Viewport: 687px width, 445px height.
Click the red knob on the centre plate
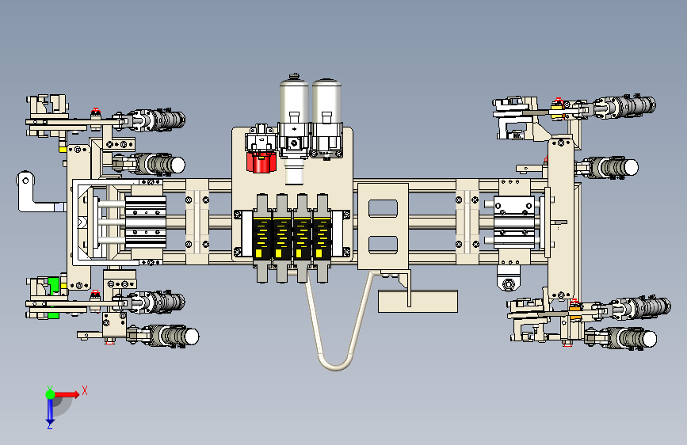pos(260,162)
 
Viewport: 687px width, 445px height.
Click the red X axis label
pos(84,390)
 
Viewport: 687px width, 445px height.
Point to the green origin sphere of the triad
pos(50,394)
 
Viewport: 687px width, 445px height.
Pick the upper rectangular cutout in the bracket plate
pos(383,208)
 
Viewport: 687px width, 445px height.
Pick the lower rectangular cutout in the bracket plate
pos(383,244)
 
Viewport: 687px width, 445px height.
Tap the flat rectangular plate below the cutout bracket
pos(418,302)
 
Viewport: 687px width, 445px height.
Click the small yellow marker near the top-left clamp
pos(61,146)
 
